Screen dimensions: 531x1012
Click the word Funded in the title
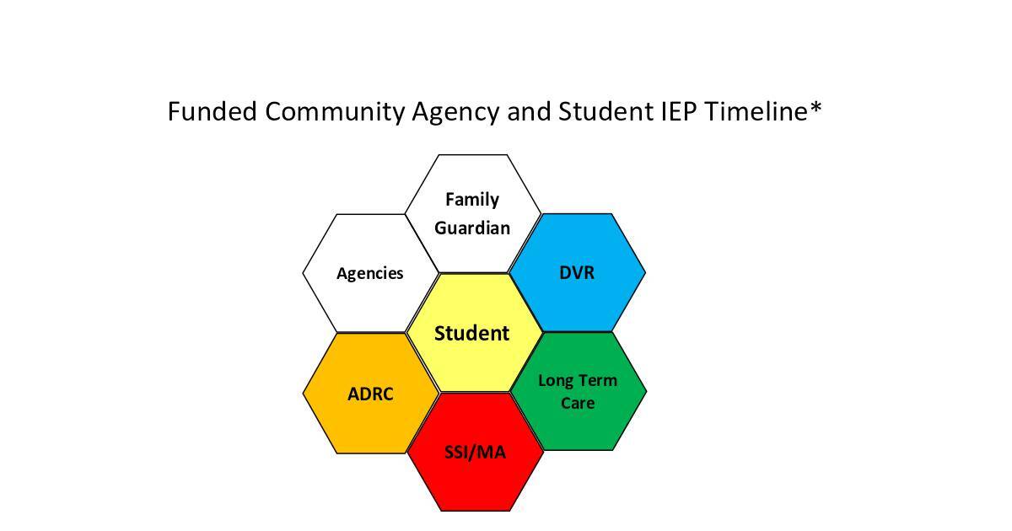coord(212,111)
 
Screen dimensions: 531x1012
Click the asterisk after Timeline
coord(816,108)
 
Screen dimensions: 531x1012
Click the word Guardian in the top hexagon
coord(472,228)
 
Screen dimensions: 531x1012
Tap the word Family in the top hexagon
coord(472,200)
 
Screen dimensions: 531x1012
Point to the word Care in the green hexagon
coord(578,403)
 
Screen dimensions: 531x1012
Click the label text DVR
coord(577,273)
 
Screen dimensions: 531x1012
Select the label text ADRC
coord(370,394)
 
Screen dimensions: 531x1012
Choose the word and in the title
coord(530,111)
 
